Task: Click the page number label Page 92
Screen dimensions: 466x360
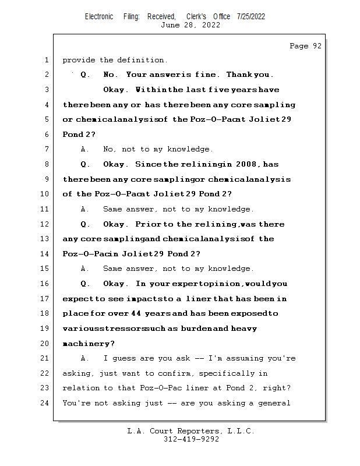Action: click(x=305, y=46)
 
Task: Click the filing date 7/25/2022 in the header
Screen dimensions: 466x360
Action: click(x=251, y=16)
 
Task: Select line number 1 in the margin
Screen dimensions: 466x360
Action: click(x=45, y=60)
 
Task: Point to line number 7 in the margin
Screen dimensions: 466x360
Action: click(x=45, y=150)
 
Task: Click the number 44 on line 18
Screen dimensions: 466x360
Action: click(x=136, y=314)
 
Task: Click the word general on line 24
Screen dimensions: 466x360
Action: click(x=273, y=403)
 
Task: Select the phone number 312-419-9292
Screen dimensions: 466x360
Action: click(x=191, y=440)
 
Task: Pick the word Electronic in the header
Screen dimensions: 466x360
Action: click(x=99, y=16)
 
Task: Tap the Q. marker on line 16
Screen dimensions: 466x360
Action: click(x=86, y=284)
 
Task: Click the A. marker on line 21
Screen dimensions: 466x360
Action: click(x=85, y=359)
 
